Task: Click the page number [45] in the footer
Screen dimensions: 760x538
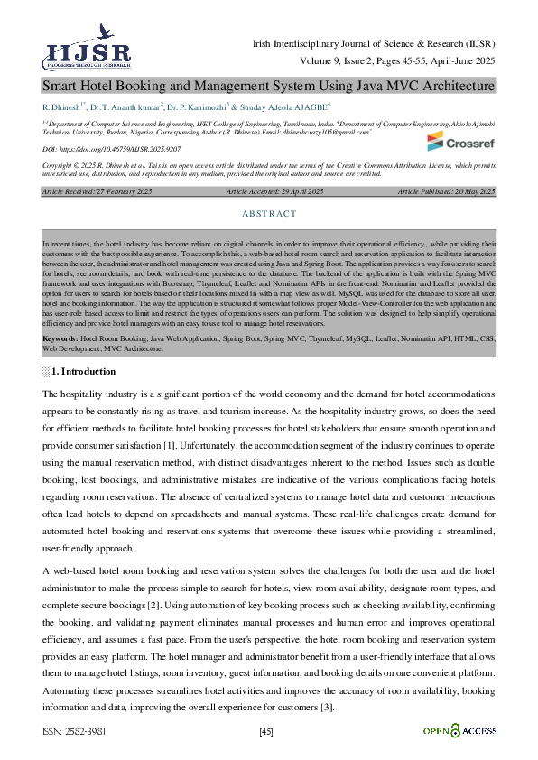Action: [x=266, y=731]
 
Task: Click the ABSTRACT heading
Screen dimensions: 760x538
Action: [x=269, y=214]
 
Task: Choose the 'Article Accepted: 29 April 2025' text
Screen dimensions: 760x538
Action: [x=274, y=192]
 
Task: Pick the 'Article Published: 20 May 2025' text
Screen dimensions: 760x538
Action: [x=446, y=192]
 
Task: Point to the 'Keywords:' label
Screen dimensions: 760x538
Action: [x=60, y=338]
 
